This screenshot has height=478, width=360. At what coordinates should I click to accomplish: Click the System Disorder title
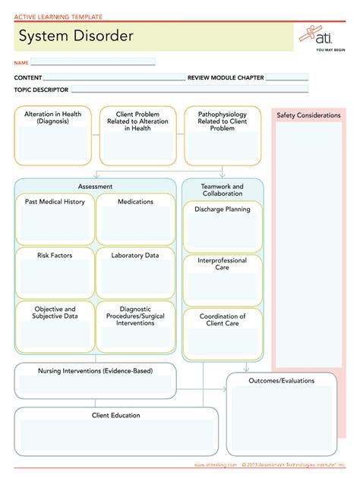[76, 36]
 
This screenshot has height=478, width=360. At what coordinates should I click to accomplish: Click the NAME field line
[93, 62]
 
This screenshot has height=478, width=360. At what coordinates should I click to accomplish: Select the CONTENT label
[28, 77]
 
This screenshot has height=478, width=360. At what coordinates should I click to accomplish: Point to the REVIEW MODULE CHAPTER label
[226, 77]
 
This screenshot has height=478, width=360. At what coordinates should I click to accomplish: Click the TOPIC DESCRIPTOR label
[41, 90]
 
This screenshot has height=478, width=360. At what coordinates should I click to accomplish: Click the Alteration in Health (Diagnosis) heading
[53, 118]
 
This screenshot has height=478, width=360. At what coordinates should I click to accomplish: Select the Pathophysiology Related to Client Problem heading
[222, 121]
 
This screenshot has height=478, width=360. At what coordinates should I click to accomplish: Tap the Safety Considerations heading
[308, 115]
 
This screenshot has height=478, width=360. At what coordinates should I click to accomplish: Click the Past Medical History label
[55, 202]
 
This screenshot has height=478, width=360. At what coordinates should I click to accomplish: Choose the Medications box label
[135, 202]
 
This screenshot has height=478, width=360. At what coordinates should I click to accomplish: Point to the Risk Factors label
[55, 256]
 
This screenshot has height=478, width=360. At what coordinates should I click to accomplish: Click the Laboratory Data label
[135, 256]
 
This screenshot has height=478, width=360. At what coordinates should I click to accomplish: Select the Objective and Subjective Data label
[55, 313]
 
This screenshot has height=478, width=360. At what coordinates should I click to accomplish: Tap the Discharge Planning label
[223, 209]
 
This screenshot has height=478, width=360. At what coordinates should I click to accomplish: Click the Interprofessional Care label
[223, 264]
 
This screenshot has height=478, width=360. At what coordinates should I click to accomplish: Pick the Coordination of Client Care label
[223, 319]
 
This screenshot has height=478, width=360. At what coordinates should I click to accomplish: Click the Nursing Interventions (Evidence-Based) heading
[95, 371]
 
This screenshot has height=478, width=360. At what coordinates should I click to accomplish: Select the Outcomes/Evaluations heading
[281, 380]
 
